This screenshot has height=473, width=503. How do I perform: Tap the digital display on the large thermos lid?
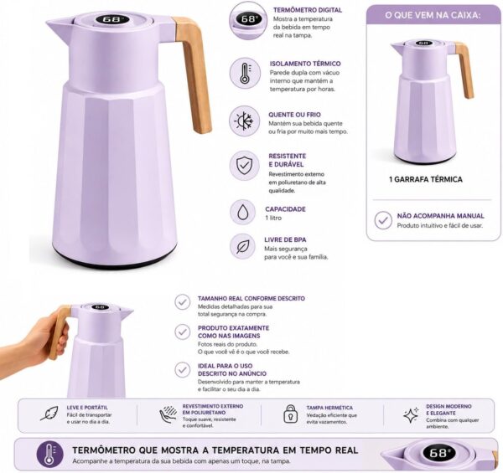point(112,19)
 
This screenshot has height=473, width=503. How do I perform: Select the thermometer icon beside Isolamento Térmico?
point(245,73)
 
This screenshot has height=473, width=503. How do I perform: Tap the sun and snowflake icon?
point(245,121)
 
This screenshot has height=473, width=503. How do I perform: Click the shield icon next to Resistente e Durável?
point(245,166)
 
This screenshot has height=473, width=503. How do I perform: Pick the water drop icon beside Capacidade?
point(243,212)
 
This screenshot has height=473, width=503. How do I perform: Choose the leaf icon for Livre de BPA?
point(243,246)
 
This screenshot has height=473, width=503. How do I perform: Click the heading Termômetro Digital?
point(308,10)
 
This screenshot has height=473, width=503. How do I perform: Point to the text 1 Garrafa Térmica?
point(426,179)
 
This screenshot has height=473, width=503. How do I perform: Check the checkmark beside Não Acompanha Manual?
point(383,220)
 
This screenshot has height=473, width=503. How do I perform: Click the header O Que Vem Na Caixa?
point(433,15)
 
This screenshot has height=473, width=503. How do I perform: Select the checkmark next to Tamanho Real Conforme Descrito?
point(183,302)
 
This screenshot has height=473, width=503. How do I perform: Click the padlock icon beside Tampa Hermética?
point(291,414)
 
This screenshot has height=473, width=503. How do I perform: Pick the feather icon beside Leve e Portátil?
point(49,413)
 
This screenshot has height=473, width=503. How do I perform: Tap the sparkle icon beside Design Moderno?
point(412,415)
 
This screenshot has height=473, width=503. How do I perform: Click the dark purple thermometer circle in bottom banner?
point(49,454)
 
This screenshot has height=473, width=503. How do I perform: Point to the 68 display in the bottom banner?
point(438,453)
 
